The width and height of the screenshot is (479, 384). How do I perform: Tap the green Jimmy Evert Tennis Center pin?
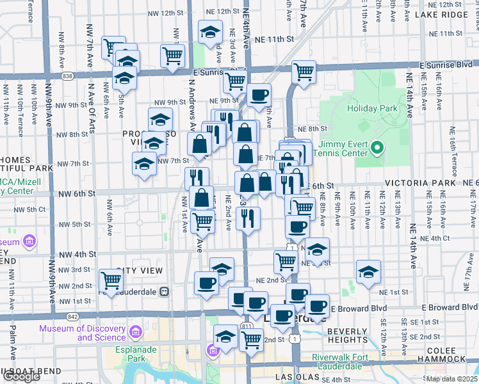point(377,149)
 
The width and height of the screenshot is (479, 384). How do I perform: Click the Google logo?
point(21,376)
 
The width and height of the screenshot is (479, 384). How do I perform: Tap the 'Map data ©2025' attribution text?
point(452,379)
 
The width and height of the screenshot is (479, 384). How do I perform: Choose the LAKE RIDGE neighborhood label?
point(441,14)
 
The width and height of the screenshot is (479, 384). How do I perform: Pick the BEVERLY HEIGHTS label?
point(346,335)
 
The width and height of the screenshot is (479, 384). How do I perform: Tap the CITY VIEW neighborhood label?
point(143,271)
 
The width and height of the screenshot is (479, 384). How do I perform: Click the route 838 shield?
point(68,76)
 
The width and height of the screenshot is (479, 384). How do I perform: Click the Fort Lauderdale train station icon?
point(165,291)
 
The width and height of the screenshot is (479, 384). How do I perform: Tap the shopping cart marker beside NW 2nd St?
point(111,280)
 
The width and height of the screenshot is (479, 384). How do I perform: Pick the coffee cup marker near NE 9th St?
point(259,95)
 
